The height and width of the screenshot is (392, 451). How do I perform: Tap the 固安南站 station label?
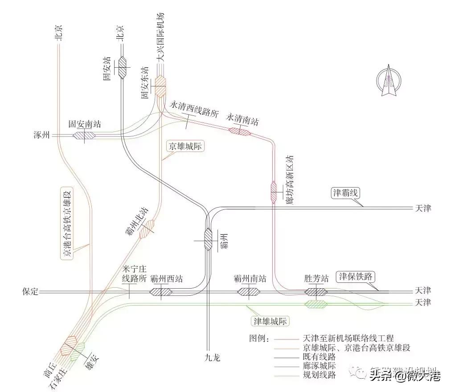[85, 124]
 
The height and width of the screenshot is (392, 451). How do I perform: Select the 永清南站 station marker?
[240, 131]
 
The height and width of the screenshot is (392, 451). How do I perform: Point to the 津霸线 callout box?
[346, 193]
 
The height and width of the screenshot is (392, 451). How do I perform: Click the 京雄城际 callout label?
[185, 147]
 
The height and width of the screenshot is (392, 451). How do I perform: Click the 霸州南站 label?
[250, 279]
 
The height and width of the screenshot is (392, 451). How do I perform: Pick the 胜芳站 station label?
[316, 279]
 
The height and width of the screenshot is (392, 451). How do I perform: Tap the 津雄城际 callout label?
[271, 321]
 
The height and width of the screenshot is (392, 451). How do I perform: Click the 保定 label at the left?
[30, 292]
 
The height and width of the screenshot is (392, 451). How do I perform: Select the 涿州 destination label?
[41, 135]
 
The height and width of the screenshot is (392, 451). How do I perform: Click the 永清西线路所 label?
[194, 108]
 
